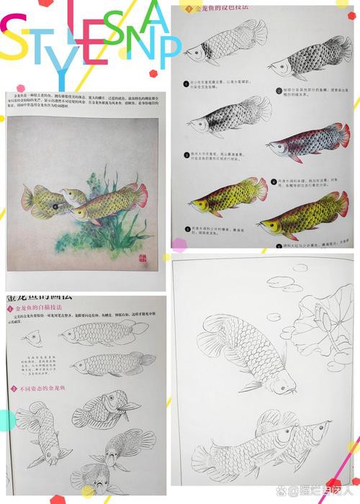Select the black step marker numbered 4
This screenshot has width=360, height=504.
[x=273, y=181]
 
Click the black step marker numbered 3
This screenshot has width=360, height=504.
[x=185, y=153]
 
